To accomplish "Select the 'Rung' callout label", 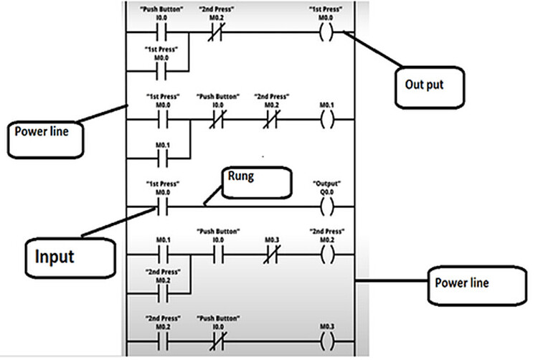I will tap(260, 184).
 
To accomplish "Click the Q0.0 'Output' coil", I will tap(328, 207).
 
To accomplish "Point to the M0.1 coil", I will tap(328, 118).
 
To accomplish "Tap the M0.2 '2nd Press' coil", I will tap(328, 254).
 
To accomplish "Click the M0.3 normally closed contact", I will tap(271, 254).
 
